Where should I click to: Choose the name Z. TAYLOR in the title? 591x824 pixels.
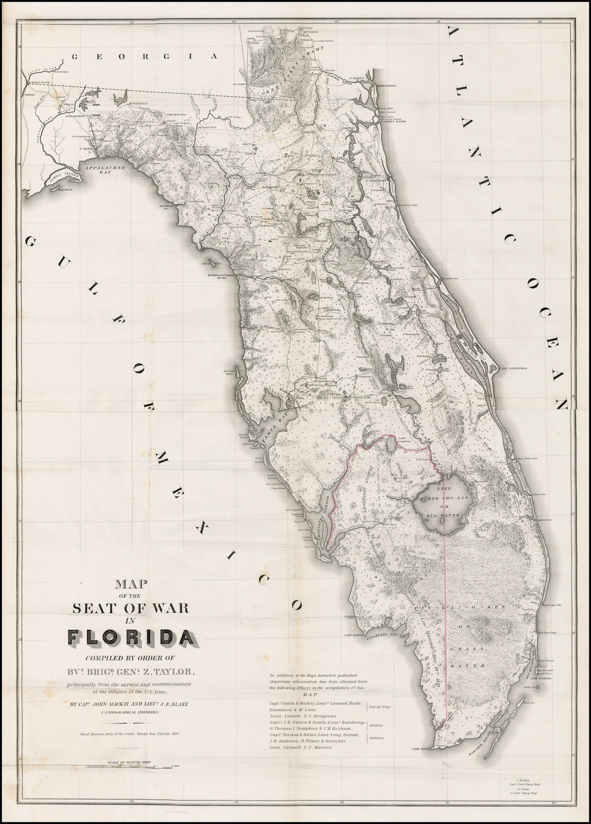(x=179, y=671)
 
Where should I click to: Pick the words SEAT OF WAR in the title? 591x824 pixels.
(x=130, y=608)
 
